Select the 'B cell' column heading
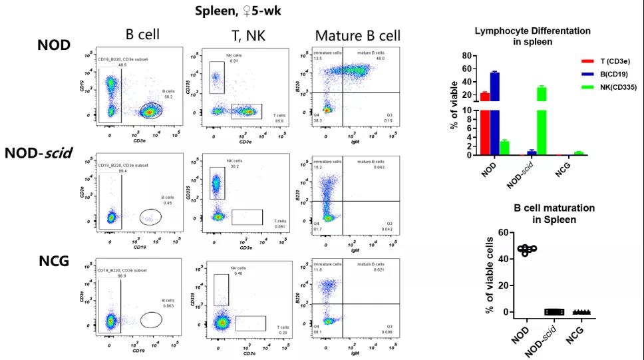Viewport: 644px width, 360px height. pos(142,35)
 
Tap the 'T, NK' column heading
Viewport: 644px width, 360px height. pos(246,35)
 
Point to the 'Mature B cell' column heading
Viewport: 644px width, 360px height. pos(358,35)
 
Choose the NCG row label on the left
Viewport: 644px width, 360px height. pos(55,260)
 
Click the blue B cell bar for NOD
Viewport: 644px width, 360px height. pos(494,113)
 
